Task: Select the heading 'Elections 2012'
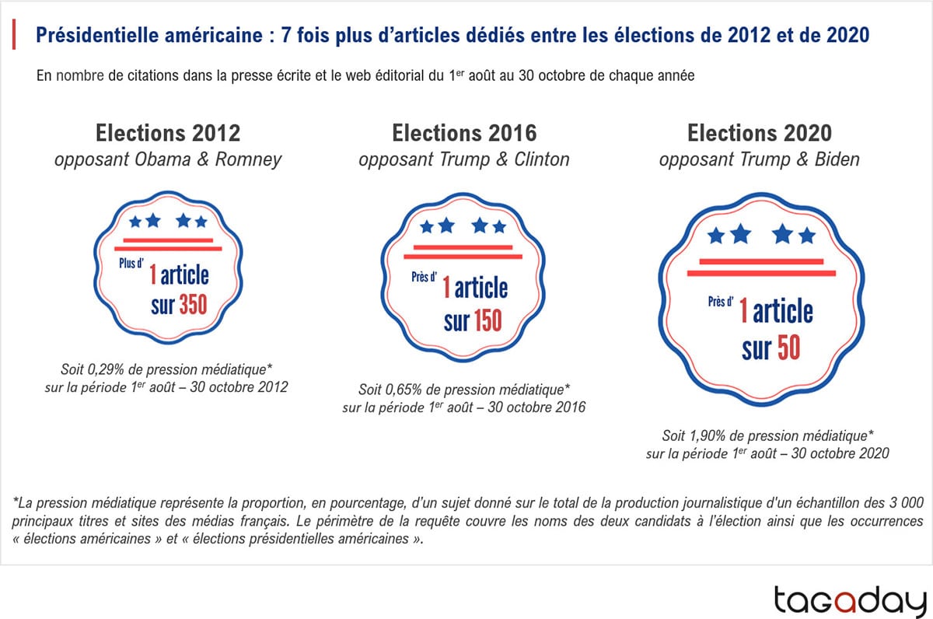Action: point(168,133)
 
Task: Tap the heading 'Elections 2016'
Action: point(464,133)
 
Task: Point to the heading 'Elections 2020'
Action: point(760,133)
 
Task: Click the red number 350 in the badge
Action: point(194,305)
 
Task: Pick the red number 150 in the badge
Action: point(487,320)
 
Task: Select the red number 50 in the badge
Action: point(788,349)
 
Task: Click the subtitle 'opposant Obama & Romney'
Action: point(168,160)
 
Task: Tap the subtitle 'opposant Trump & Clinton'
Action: point(464,160)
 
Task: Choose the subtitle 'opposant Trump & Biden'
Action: point(760,160)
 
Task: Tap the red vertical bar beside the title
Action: point(15,35)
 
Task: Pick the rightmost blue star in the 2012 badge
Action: point(201,222)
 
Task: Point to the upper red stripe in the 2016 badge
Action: point(463,247)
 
